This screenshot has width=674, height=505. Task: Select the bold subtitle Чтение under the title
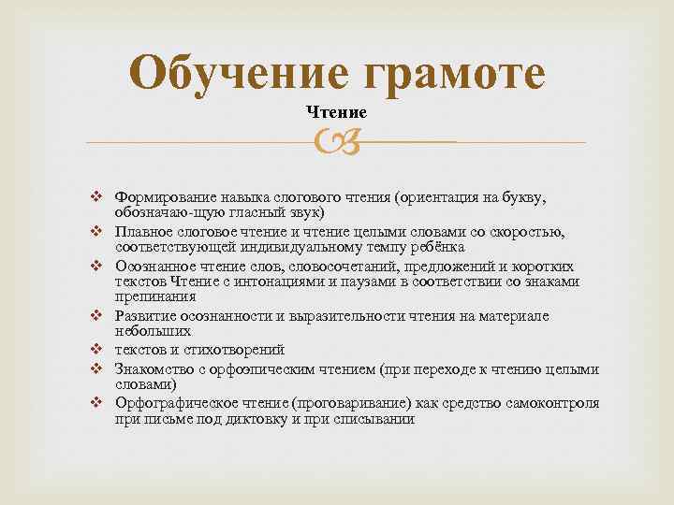click(336, 112)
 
